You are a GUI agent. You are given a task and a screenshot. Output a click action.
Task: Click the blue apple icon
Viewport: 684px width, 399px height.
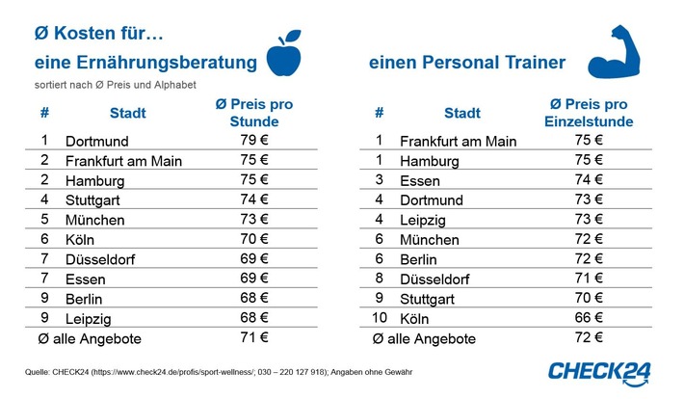click(x=283, y=56)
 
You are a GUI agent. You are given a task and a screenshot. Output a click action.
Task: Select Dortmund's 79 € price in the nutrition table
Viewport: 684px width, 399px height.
click(x=254, y=141)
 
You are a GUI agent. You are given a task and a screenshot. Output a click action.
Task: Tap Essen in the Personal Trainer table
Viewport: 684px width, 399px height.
click(x=420, y=180)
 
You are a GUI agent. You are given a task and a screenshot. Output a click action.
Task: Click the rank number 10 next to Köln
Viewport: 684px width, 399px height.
click(x=381, y=317)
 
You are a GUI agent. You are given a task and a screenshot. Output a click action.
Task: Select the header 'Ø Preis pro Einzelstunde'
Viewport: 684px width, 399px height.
click(x=590, y=113)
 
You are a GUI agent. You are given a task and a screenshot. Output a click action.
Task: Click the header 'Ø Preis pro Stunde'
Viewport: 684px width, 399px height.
click(x=254, y=113)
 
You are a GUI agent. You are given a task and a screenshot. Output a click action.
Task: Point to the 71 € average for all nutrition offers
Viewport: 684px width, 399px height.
click(x=254, y=337)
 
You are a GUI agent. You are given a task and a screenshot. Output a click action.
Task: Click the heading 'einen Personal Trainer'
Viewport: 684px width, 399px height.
click(x=466, y=64)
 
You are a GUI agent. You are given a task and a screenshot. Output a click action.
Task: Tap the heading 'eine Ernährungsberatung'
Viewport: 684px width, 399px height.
click(x=145, y=64)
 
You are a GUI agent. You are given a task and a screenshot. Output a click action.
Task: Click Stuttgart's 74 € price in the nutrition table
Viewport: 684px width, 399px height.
click(x=254, y=199)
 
